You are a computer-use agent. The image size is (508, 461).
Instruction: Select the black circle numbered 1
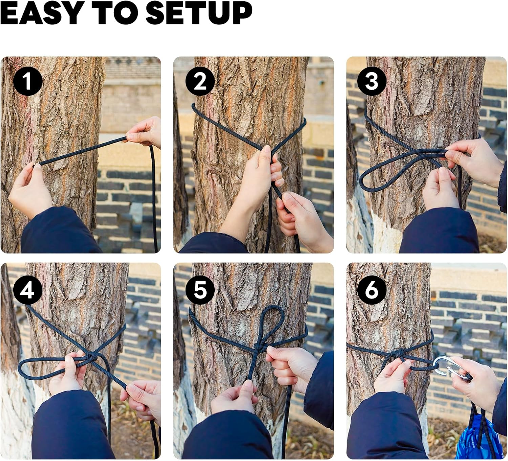(x=28, y=81)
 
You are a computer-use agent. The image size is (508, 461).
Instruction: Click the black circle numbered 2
(x=200, y=81)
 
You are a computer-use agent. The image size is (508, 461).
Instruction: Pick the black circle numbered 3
(x=372, y=81)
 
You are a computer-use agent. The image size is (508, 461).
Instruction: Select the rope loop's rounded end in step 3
(x=364, y=181)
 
